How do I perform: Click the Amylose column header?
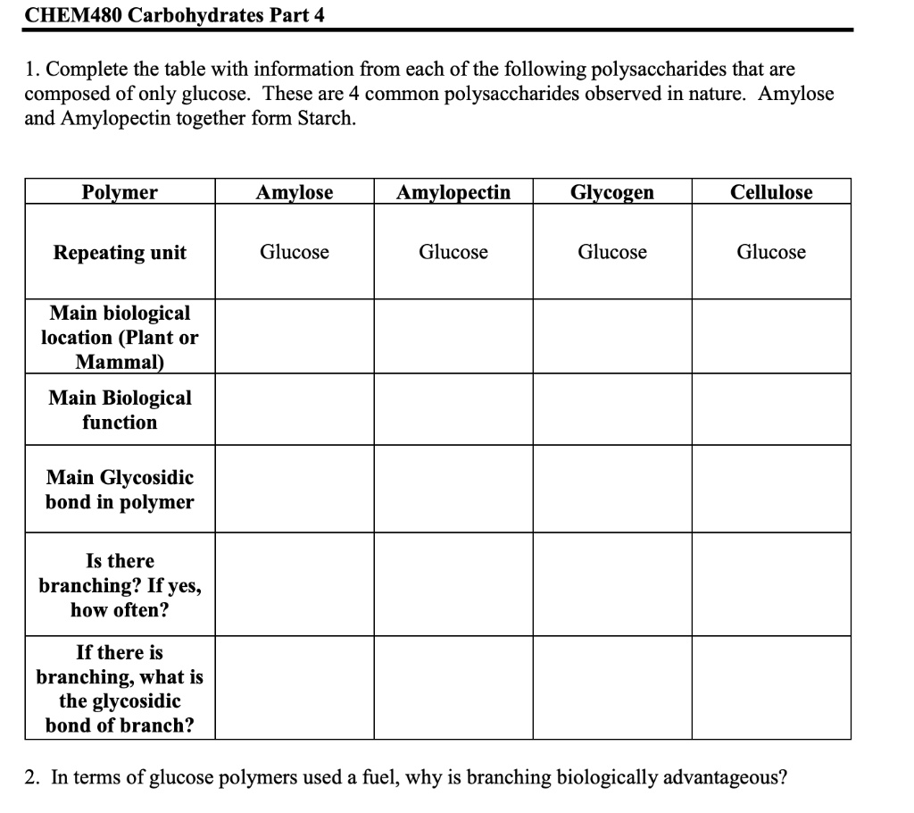coord(295,192)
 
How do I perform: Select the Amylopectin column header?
coord(453,192)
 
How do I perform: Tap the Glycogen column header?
coord(612,192)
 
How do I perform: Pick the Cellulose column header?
coord(771,192)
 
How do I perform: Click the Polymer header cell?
coord(120,192)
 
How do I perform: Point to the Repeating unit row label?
coord(120,252)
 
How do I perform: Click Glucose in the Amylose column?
coord(295,252)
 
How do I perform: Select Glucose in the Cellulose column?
coord(771,252)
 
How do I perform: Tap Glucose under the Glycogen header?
coord(612,252)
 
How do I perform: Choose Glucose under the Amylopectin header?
coord(453,252)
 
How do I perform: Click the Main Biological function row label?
coord(120,409)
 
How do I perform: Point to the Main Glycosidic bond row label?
coord(120,490)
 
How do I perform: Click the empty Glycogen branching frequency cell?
coord(612,584)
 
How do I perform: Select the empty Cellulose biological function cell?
coord(771,409)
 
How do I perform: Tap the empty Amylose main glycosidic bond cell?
coord(295,490)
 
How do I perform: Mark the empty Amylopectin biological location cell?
coord(453,336)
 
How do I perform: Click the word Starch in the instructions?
coord(327,118)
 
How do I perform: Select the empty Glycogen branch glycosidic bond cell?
coord(612,687)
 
